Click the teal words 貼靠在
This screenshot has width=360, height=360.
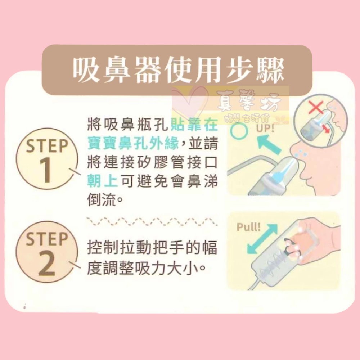point(195,126)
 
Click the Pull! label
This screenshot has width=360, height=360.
point(248,227)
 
